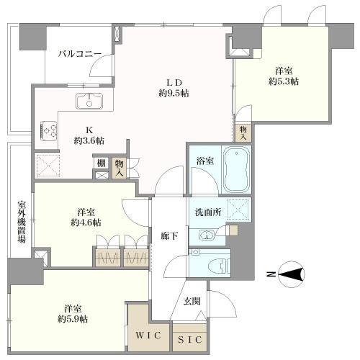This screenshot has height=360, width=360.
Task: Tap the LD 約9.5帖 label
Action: tap(174, 86)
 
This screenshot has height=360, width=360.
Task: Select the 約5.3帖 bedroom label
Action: tap(282, 76)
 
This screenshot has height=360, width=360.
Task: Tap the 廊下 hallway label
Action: tap(167, 235)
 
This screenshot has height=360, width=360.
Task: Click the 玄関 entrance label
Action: tap(190, 301)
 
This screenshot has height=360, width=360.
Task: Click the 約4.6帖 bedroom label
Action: tap(84, 217)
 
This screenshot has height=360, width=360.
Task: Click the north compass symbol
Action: tap(291, 273)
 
